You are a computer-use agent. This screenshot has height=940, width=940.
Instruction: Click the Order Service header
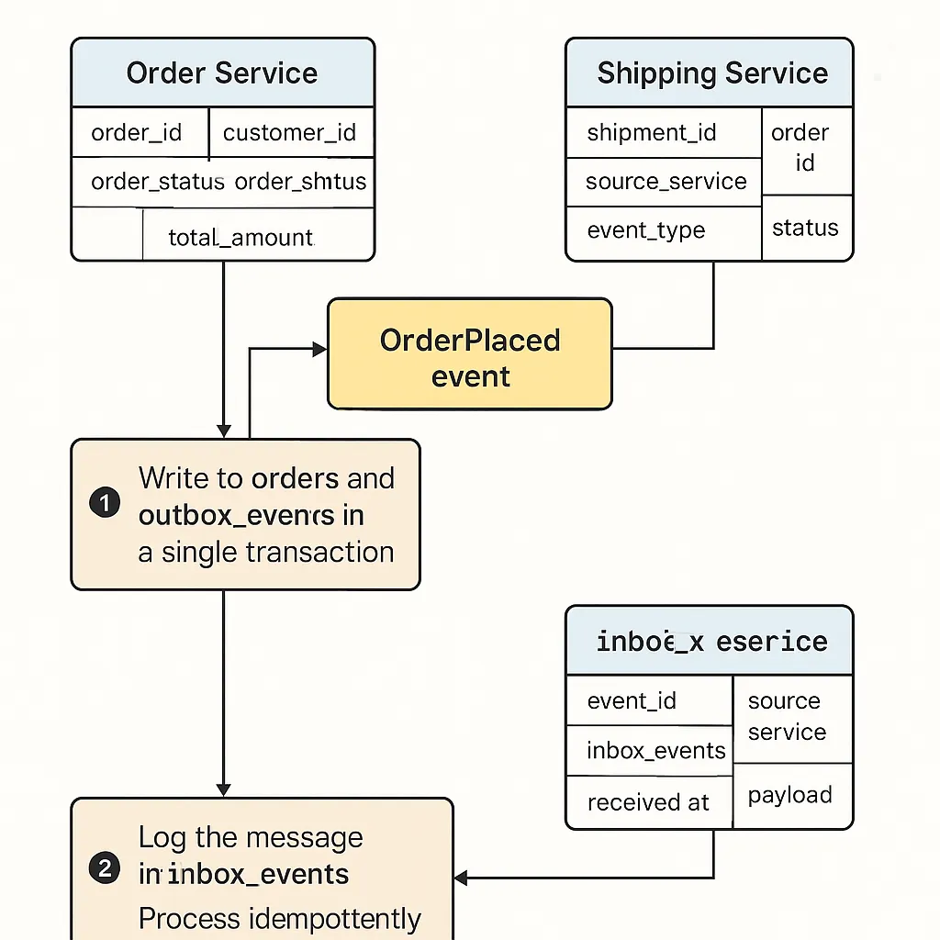pos(222,73)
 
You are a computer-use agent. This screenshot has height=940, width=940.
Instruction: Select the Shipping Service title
pos(711,73)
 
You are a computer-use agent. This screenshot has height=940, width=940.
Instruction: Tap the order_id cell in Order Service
pos(137,133)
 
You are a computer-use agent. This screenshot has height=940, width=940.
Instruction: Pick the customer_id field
pos(289,133)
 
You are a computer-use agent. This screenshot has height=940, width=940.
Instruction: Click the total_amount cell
pos(241,238)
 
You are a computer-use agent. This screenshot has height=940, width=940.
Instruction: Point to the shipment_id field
pos(652,133)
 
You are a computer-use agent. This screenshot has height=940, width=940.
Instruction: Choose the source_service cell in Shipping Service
pos(666,181)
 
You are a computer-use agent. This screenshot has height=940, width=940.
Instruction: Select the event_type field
pos(646,229)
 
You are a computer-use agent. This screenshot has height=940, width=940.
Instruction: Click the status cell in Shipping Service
pos(805,228)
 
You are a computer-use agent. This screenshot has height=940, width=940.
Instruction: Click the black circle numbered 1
pos(105,503)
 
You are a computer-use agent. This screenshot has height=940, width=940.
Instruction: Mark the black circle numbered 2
pos(105,868)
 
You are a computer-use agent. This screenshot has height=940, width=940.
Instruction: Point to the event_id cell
pos(632,701)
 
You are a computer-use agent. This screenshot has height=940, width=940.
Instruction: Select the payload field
pos(789,795)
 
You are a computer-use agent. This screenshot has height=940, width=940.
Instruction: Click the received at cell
pos(648,802)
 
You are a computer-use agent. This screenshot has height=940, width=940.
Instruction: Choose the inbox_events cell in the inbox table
pos(655,751)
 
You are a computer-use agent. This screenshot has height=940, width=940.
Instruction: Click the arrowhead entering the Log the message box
pos(461,878)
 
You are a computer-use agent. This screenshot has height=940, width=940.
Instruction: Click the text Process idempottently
pos(279,918)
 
